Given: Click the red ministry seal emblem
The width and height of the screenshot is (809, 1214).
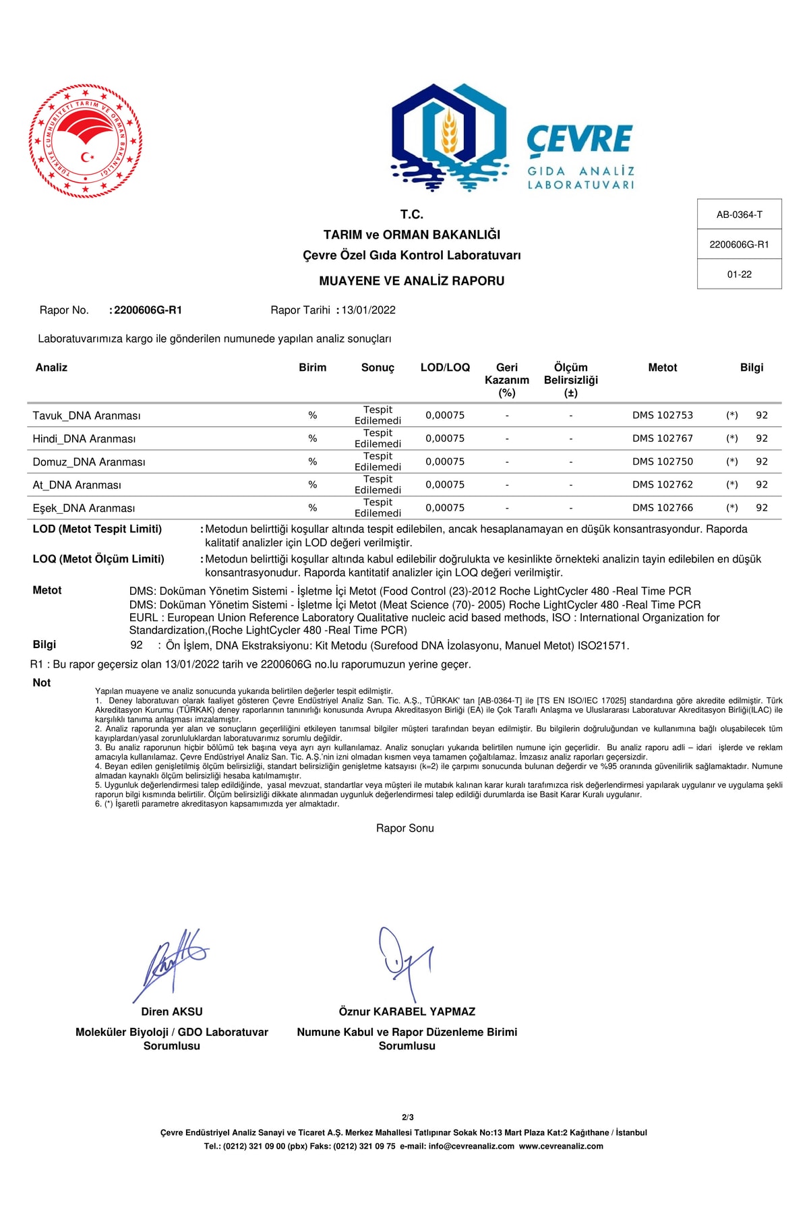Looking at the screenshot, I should point(86,141).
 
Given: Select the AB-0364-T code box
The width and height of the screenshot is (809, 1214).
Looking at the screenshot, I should point(739,214).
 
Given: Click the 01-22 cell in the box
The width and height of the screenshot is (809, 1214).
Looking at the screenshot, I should point(739,274).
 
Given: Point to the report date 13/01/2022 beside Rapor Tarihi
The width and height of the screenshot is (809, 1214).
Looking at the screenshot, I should point(368,310).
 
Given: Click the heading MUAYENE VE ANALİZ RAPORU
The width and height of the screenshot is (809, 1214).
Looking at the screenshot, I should point(411,281).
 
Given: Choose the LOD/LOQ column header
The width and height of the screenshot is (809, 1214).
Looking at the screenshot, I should point(445,368).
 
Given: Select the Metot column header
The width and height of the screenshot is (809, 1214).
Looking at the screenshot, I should point(662,368).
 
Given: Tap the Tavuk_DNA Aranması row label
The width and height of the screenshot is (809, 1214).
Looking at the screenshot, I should point(86,415).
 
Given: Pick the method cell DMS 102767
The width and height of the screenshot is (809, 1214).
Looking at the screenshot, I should point(662,438).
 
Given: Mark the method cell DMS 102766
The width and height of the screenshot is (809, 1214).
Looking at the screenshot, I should point(662,508).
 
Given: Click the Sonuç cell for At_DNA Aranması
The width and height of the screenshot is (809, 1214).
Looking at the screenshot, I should point(378,484).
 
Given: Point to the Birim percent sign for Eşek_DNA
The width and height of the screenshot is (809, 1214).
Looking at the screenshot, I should point(312,508).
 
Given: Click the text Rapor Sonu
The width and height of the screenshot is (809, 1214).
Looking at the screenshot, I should point(404,828).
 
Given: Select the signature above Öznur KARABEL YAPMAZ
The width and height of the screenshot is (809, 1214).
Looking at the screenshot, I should point(404,961).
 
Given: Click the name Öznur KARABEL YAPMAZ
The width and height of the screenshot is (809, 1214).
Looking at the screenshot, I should point(407,1012).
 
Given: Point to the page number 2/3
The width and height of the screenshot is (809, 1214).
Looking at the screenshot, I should point(407,1118).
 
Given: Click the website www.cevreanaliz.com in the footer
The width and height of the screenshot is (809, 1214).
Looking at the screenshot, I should point(561,1146).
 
